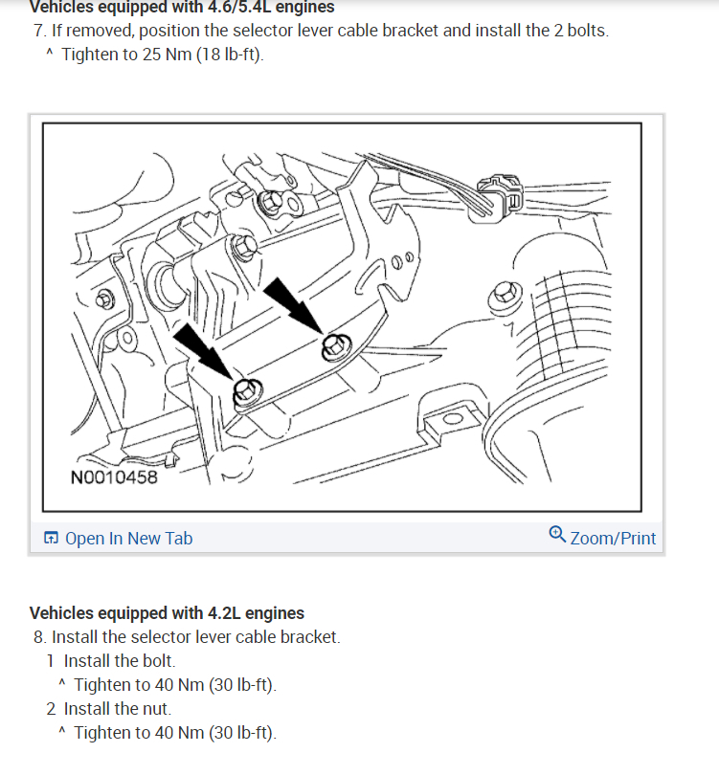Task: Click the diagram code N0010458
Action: point(114,476)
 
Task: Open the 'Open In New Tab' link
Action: point(128,539)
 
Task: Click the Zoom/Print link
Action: point(613,538)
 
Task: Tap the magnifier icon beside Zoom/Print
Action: point(557,535)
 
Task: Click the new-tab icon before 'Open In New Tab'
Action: point(52,539)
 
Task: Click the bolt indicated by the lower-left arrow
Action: point(244,390)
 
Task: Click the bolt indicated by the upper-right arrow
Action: point(333,345)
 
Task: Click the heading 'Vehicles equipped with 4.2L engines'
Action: point(167,613)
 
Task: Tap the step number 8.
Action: point(37,637)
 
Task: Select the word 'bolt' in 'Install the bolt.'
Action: point(156,661)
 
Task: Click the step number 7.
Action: point(37,31)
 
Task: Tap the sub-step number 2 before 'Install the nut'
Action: point(51,709)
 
